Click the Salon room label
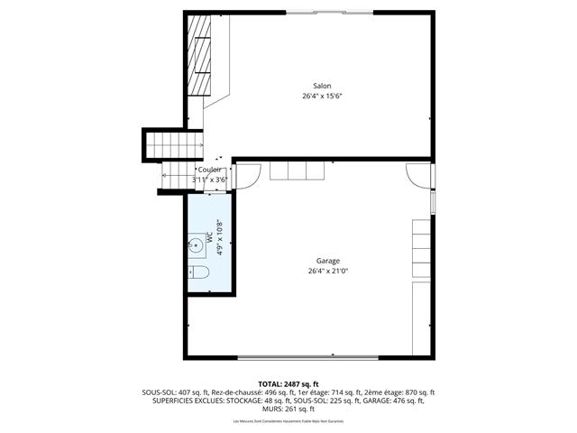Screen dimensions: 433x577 coord(322,86)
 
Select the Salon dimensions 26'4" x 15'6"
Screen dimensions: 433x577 coord(322,96)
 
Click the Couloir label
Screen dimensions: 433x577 coord(209,169)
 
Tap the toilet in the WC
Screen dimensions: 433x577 coord(200,272)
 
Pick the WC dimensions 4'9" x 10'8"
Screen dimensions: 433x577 coord(219,239)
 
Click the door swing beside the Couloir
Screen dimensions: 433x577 coord(252,172)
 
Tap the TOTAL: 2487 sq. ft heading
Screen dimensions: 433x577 coord(288,384)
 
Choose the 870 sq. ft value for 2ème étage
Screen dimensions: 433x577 coord(419,392)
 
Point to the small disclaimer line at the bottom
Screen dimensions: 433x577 coord(288,422)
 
